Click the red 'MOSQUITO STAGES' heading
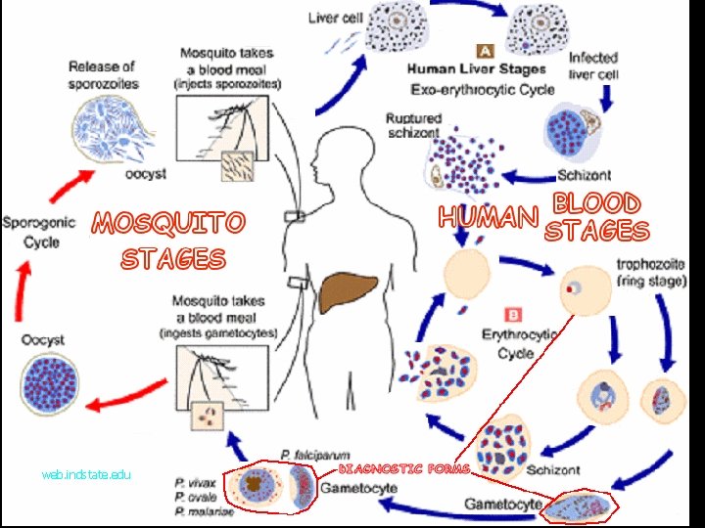click(x=169, y=241)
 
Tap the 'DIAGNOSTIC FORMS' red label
click(x=403, y=469)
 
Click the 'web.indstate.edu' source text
click(x=86, y=474)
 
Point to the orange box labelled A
click(x=484, y=49)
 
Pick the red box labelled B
click(x=512, y=314)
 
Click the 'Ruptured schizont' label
click(x=413, y=125)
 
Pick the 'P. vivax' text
click(x=195, y=482)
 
